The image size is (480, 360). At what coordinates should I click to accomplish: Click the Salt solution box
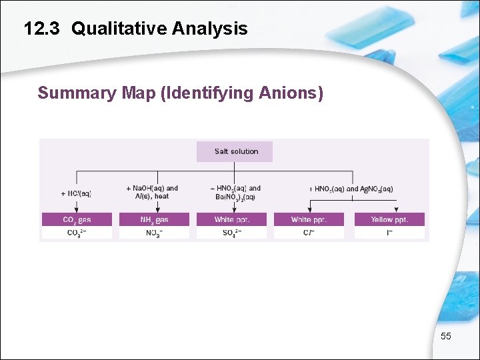[235, 151]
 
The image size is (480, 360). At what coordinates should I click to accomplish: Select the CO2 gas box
[77, 219]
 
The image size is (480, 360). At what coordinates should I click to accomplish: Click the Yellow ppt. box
[389, 219]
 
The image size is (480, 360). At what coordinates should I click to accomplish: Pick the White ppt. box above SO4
[231, 219]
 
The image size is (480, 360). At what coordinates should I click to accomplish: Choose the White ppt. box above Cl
[309, 219]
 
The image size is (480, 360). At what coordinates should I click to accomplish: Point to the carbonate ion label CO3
[77, 233]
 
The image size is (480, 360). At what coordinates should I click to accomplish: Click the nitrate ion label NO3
[153, 233]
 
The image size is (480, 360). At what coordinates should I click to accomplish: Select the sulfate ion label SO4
[231, 233]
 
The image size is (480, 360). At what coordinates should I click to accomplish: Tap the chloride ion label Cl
[309, 233]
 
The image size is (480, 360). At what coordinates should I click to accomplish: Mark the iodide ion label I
[389, 233]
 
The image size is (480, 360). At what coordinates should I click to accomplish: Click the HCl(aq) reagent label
[76, 193]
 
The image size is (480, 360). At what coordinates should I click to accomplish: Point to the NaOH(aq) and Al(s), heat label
[153, 192]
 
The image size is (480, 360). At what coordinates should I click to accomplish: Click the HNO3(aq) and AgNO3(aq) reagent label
[351, 189]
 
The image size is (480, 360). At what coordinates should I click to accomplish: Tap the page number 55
[446, 336]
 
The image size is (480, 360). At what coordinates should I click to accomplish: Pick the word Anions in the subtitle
[291, 93]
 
